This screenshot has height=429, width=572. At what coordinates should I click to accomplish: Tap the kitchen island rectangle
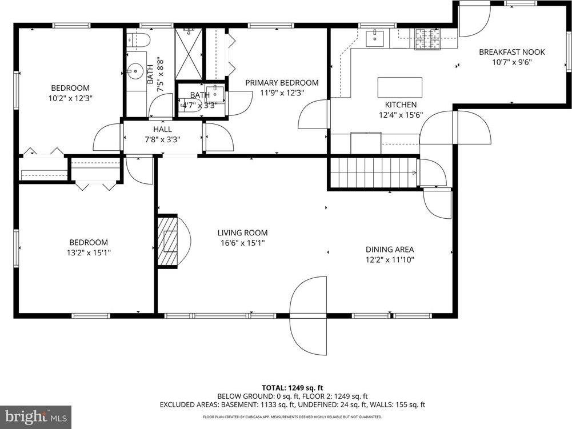pyautogui.click(x=399, y=88)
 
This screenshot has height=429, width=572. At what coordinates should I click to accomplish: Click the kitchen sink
pyautogui.click(x=377, y=39)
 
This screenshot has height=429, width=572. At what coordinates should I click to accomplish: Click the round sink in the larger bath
pyautogui.click(x=136, y=72)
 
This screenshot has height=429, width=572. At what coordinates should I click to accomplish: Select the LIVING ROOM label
pyautogui.click(x=242, y=232)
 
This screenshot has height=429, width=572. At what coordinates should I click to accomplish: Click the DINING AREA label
pyautogui.click(x=390, y=249)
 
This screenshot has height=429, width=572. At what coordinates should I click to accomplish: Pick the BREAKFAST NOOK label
pyautogui.click(x=511, y=52)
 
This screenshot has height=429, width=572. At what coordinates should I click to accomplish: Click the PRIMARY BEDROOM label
pyautogui.click(x=282, y=83)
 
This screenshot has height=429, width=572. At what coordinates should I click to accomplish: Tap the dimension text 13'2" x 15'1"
pyautogui.click(x=89, y=252)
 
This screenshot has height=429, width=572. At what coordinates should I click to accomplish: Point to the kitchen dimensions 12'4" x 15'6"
pyautogui.click(x=400, y=115)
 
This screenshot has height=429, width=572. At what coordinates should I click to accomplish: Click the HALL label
pyautogui.click(x=162, y=129)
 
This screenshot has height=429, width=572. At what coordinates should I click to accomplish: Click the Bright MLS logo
pyautogui.click(x=35, y=416)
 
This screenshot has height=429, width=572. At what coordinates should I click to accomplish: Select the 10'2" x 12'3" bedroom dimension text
pyautogui.click(x=70, y=98)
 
